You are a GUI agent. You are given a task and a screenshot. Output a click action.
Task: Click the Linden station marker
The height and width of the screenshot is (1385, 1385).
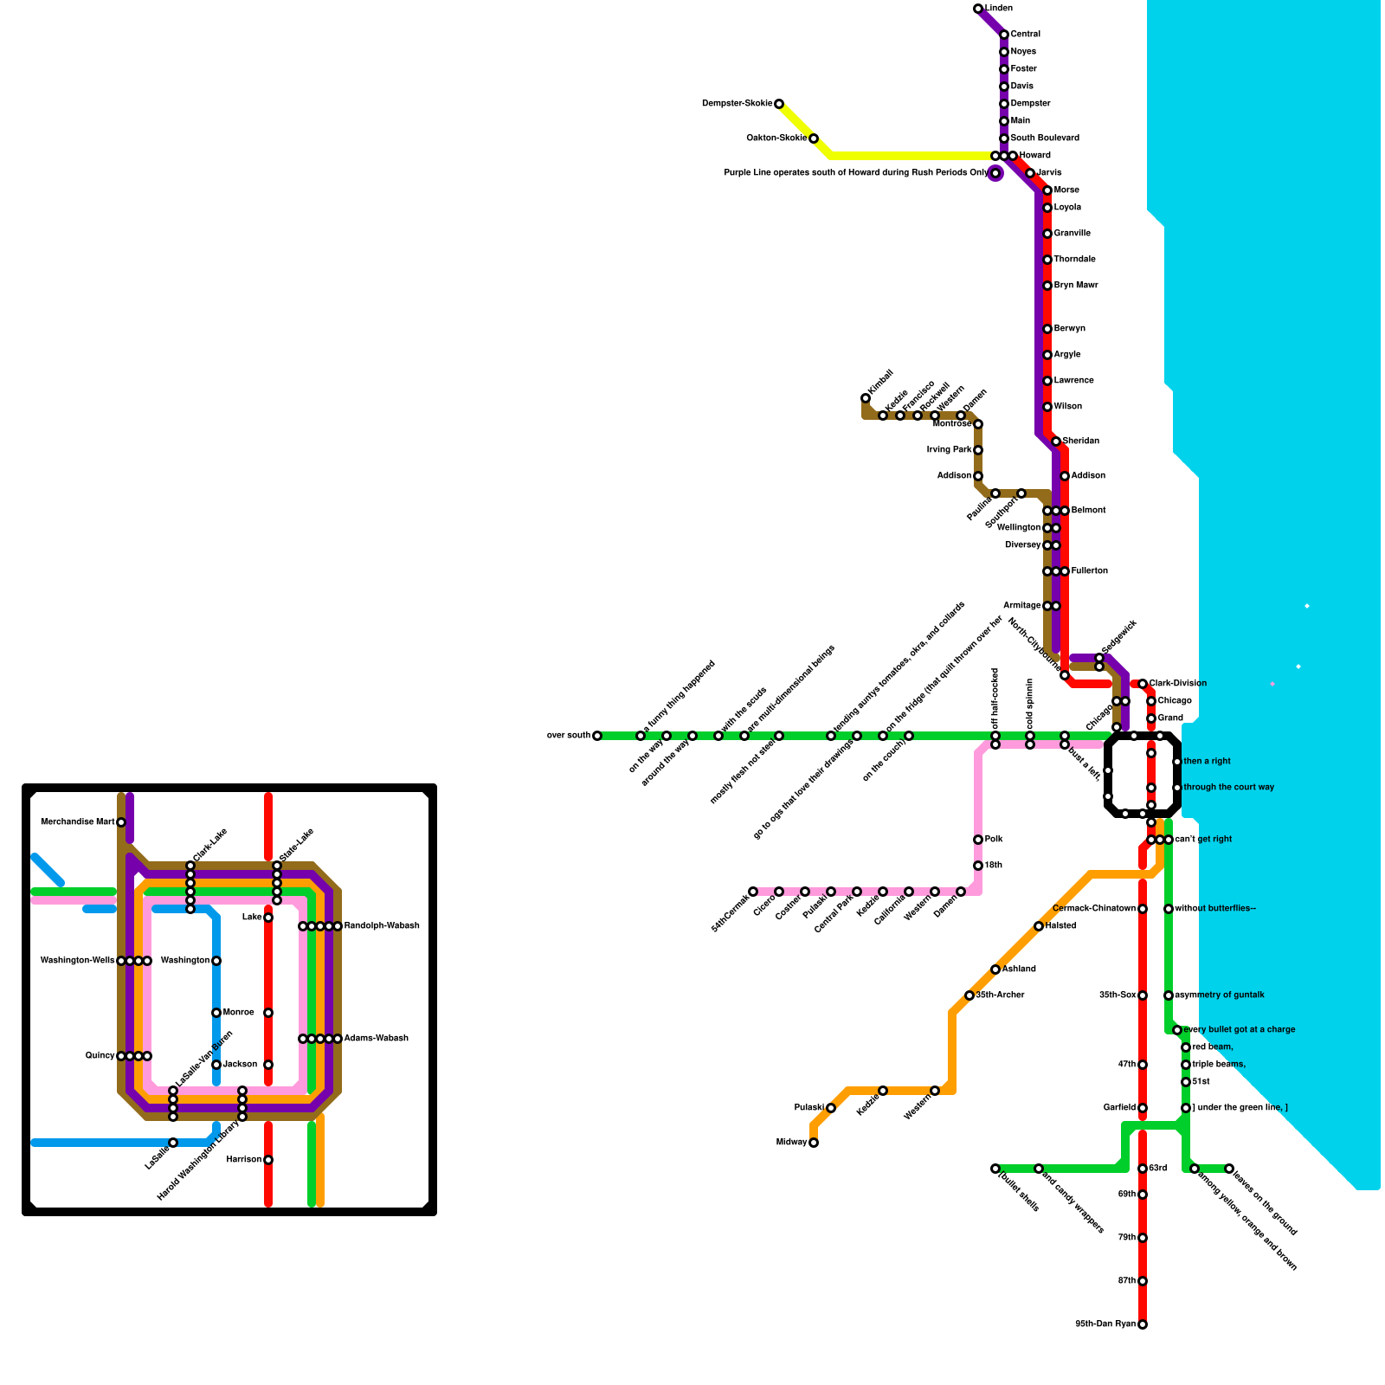(978, 9)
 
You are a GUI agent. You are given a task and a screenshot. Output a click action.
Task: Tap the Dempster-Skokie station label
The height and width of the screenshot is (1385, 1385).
(737, 104)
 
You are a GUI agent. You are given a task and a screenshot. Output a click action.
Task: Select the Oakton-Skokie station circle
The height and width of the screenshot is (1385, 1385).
(814, 138)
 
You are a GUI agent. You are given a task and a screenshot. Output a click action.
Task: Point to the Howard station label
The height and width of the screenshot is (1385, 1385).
(1034, 156)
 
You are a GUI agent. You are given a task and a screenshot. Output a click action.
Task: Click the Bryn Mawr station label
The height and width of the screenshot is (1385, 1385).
(1075, 286)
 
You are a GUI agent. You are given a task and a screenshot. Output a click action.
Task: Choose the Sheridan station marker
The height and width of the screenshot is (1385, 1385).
(1056, 441)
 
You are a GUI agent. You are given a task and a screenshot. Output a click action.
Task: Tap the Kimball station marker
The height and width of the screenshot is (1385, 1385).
(866, 398)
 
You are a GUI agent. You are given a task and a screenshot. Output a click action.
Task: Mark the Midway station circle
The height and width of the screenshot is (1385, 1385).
(814, 1143)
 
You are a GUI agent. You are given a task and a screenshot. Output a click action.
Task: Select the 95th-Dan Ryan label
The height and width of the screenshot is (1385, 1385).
(1105, 1324)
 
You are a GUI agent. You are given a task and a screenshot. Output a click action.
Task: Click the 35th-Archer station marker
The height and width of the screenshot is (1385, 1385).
(969, 995)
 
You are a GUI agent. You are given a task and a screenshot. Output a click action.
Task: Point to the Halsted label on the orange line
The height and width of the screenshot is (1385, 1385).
(1060, 926)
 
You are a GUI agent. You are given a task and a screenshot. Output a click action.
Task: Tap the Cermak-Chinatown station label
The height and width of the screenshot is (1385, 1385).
(1093, 909)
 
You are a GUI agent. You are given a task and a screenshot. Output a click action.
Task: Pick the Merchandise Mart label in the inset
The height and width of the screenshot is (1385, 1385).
(77, 822)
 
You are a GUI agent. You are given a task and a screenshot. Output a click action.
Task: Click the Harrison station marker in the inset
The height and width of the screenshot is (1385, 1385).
(268, 1160)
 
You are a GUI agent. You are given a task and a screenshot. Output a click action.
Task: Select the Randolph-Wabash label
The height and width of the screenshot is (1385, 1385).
(381, 926)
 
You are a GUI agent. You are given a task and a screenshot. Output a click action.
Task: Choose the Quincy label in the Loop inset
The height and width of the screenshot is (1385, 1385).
(100, 1056)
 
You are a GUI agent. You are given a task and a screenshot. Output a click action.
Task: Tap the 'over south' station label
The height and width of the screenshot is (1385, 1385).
(568, 736)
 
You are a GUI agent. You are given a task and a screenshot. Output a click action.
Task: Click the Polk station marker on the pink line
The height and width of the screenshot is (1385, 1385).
(978, 840)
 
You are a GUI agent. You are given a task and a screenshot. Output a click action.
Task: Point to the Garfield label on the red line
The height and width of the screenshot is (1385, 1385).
(1119, 1108)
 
